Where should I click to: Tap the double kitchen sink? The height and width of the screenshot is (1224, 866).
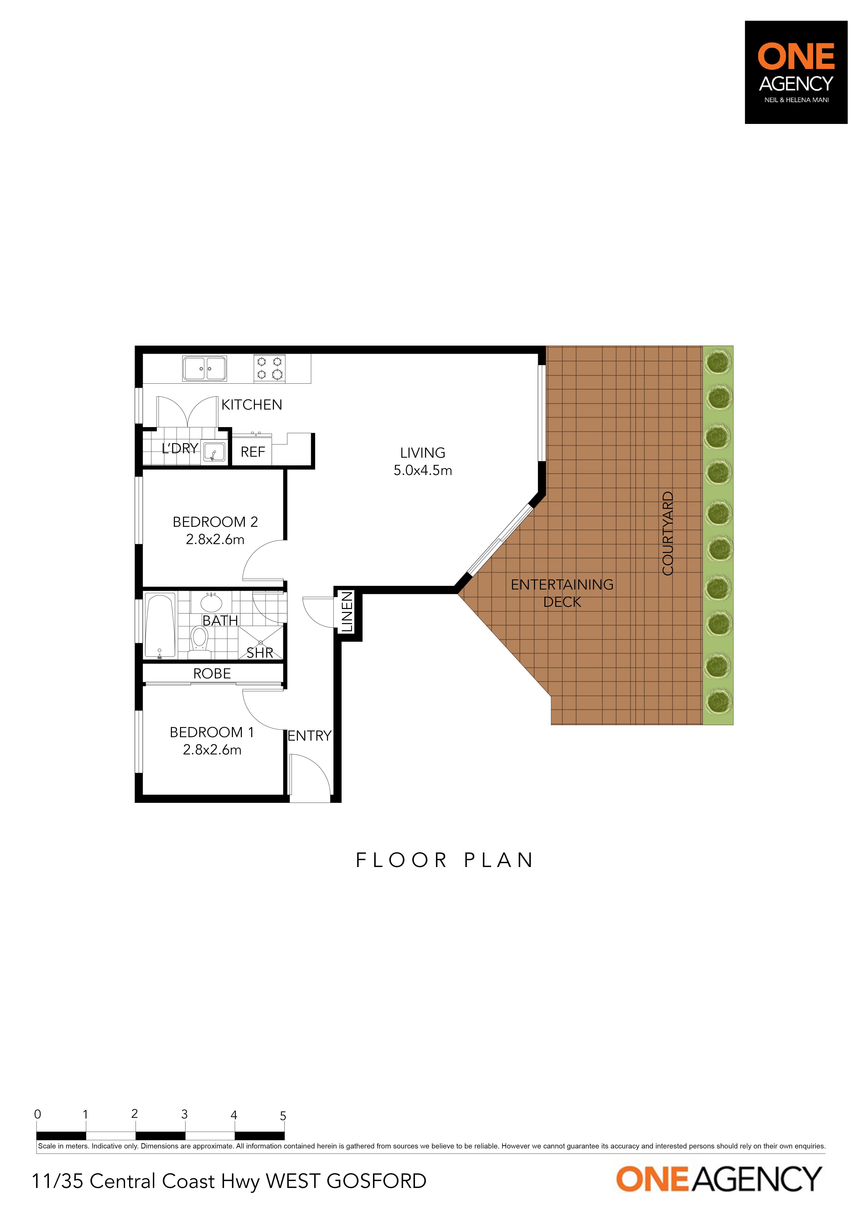click(205, 368)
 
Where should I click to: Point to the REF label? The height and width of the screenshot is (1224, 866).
click(253, 452)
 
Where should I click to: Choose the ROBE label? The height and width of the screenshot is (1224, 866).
click(212, 674)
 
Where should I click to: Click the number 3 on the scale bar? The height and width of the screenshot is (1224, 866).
click(185, 1114)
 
